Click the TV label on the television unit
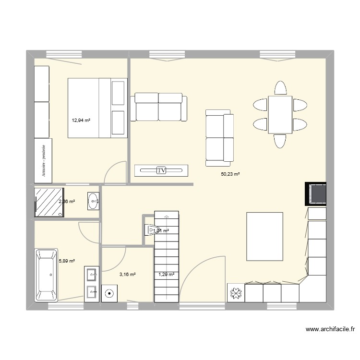pos(161,170)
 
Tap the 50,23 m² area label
pos(230,174)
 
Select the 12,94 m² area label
pos(81,120)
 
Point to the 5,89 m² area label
pos(67,261)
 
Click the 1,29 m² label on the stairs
pos(166,275)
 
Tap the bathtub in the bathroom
pos(46,276)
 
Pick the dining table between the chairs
pos(280,114)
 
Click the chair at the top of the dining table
pos(280,88)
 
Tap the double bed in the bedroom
pos(97,108)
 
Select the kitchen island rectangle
pos(264,237)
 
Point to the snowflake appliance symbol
pos(236,293)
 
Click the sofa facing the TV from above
pos(158,107)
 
